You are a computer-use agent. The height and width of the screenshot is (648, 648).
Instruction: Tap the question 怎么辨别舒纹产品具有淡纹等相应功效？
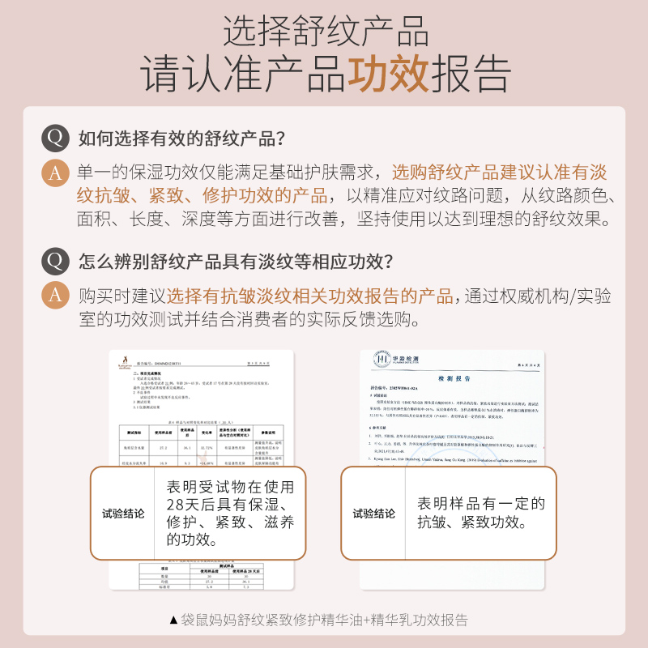[x=236, y=262]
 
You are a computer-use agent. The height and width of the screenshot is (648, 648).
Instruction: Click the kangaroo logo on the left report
[x=125, y=361]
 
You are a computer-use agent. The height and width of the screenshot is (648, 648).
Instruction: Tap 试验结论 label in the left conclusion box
[x=124, y=514]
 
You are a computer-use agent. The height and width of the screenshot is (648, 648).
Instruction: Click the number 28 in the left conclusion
[x=179, y=505]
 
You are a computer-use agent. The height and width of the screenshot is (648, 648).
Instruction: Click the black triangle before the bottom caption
[x=173, y=620]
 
